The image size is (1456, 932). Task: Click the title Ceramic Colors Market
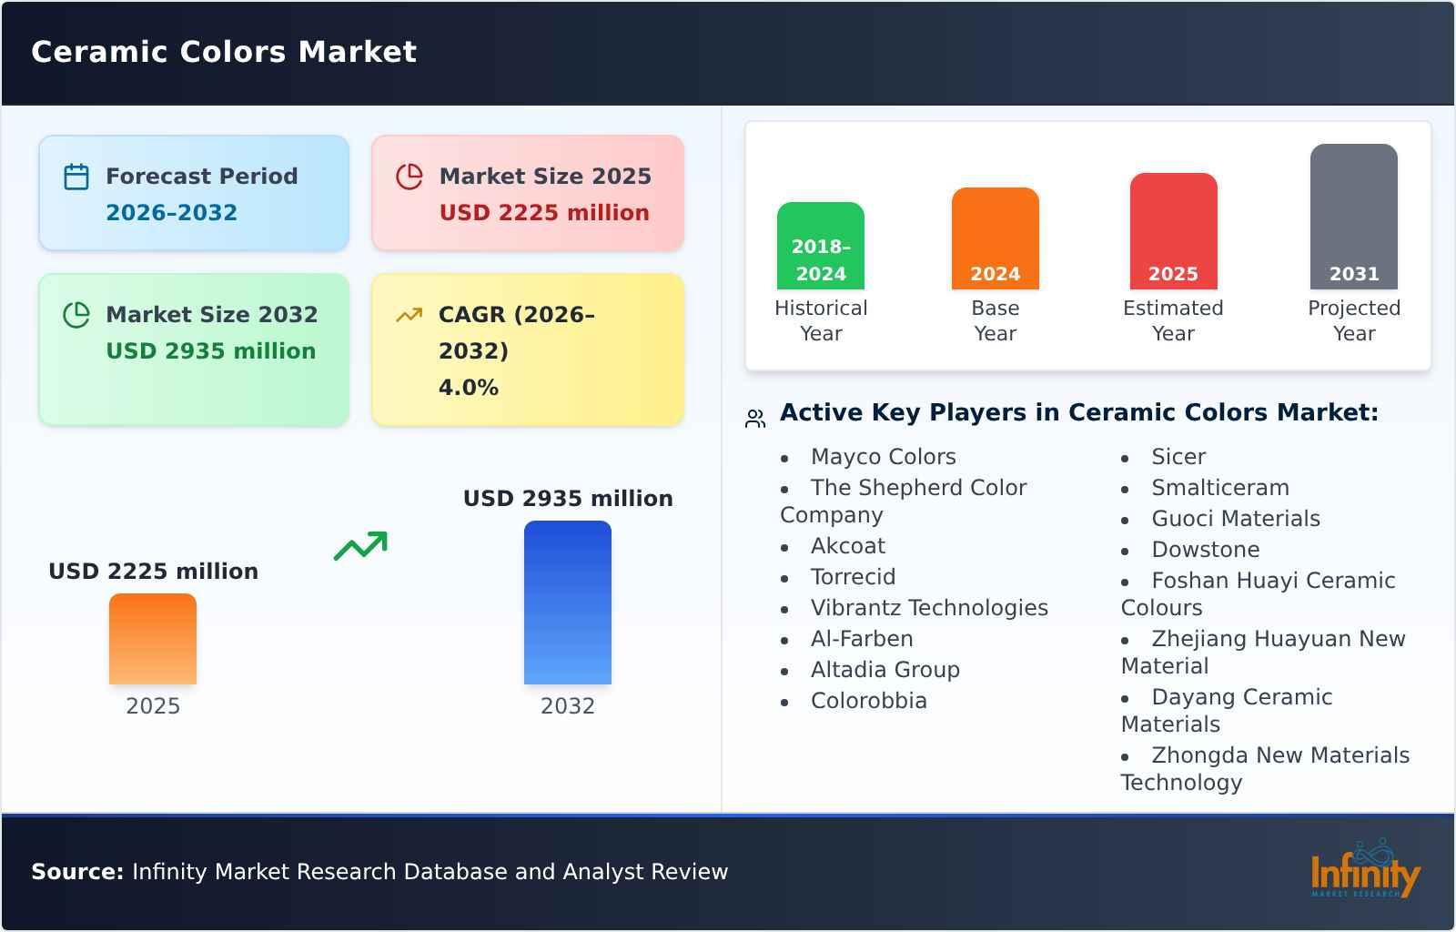224,52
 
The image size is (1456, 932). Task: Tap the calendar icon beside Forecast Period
76,177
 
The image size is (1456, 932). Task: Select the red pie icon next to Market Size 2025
409,177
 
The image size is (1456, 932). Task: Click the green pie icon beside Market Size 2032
76,315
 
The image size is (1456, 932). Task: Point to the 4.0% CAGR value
468,388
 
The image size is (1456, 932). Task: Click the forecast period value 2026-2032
172,213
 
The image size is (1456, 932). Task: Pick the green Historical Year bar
820,246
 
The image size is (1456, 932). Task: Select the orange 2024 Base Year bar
996,238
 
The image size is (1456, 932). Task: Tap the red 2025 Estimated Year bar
1173,231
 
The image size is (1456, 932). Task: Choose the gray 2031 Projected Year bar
1354,217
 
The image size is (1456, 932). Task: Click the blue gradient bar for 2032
568,603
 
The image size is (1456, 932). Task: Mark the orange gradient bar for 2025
153,639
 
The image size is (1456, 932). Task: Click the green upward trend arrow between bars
360,546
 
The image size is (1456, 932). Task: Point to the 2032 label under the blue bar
568,705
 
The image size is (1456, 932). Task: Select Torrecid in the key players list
853,576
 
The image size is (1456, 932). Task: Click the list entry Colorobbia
868,701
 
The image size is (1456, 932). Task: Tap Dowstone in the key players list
1205,549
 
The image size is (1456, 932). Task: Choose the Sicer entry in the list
1178,456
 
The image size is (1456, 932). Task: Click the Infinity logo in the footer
1365,869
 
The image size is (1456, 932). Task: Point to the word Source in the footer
77,872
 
